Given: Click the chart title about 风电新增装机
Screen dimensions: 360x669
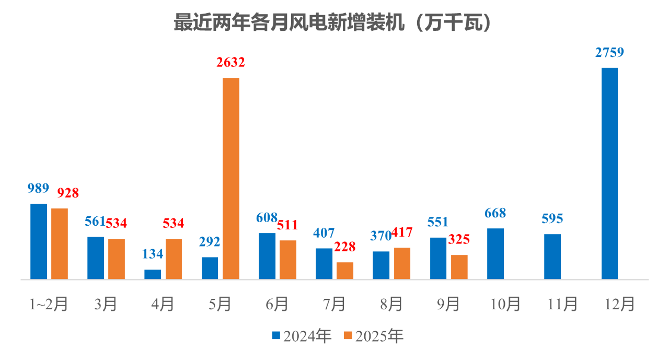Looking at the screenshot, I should tap(334, 24).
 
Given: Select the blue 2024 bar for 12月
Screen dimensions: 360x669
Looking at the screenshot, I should tap(609, 173).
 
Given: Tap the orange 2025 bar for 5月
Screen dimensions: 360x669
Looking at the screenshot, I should tap(231, 178).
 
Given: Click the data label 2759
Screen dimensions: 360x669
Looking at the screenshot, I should tap(609, 53).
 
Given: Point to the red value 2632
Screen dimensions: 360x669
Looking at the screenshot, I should tap(230, 63).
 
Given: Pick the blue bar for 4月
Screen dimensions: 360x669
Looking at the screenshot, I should tap(153, 274).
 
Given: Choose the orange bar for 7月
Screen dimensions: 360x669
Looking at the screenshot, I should tap(345, 271).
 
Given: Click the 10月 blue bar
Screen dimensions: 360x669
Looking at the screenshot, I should tap(495, 253).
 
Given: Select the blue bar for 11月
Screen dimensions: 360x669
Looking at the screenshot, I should tap(552, 257).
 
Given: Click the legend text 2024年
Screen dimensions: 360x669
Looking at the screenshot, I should tap(307, 336).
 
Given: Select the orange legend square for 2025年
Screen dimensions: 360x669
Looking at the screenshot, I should tap(348, 336).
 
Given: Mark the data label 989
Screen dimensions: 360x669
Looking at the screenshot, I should tap(38, 189).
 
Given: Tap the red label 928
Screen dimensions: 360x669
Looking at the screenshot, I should tap(68, 193).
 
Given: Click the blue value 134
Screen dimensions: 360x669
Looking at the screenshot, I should tap(153, 254).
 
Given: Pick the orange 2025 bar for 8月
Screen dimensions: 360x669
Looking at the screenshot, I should tap(402, 263).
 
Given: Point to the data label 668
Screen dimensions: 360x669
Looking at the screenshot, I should tap(495, 213).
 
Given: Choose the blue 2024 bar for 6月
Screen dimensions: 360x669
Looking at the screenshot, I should tap(267, 256).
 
